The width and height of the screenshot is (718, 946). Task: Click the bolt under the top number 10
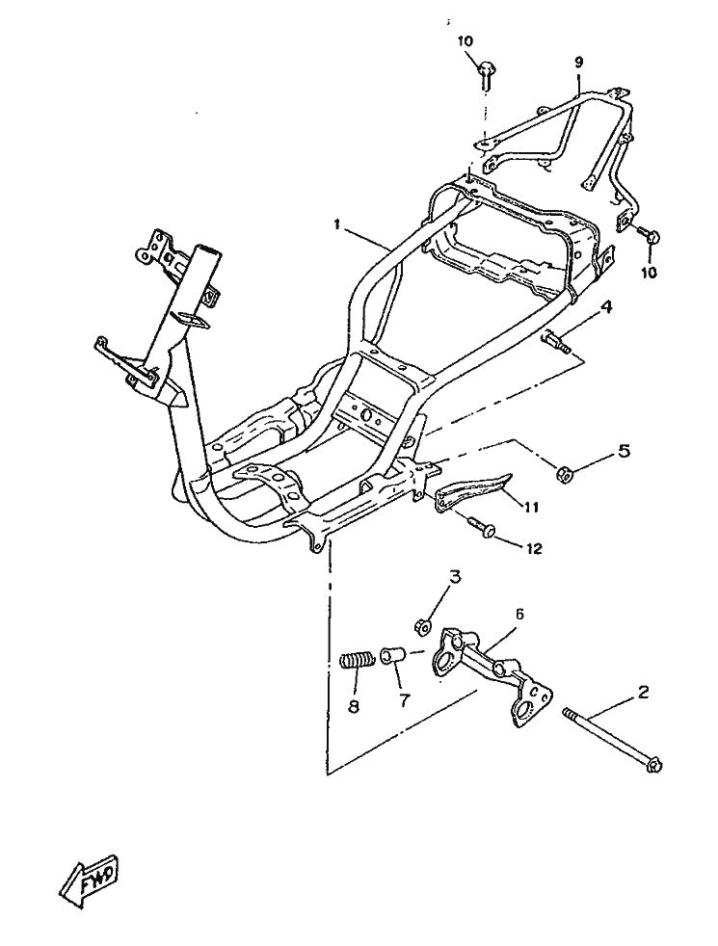click(487, 70)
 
